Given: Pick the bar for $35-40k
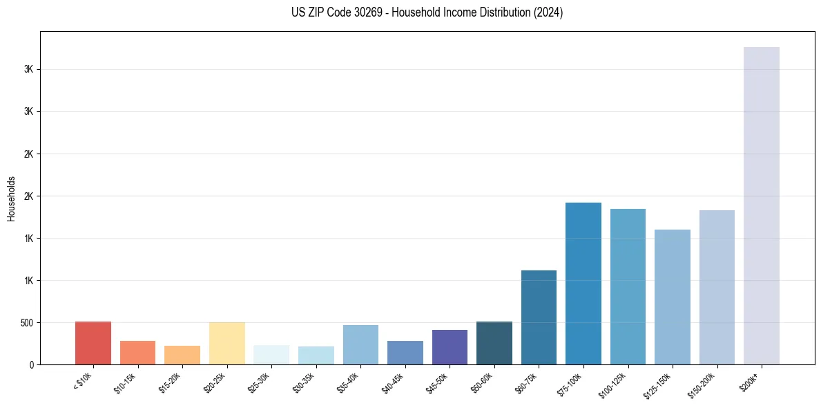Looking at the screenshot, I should [x=360, y=344].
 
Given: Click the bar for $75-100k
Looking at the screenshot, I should [x=583, y=284].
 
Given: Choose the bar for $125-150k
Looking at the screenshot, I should [x=673, y=297].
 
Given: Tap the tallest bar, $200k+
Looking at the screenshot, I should [x=762, y=205].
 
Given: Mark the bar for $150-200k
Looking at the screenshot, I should [x=717, y=287].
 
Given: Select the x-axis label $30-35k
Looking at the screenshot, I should [x=305, y=383].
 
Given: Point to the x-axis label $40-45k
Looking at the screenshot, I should [x=394, y=383].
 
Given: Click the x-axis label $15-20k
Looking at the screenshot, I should [x=171, y=383].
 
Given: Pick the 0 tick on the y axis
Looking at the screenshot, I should [x=32, y=364].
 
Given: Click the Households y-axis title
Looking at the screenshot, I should [x=11, y=198].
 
